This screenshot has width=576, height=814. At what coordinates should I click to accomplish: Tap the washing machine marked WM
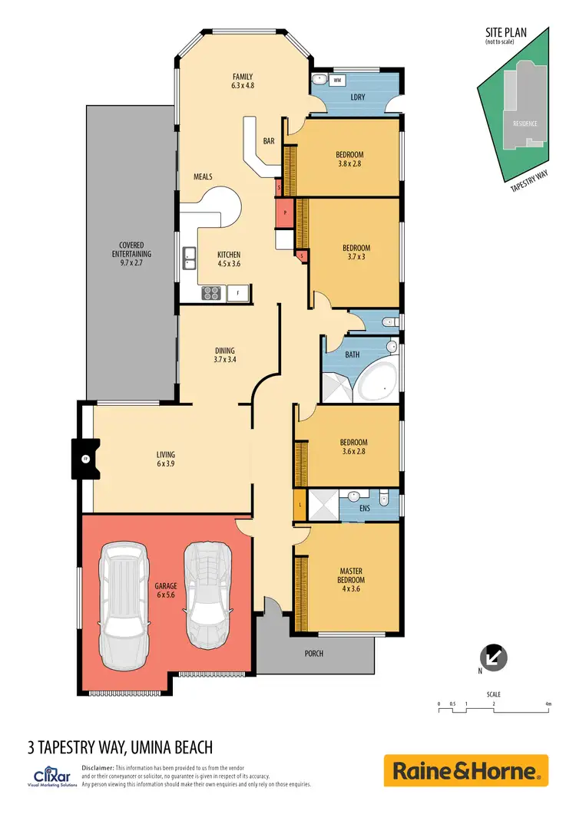[337, 80]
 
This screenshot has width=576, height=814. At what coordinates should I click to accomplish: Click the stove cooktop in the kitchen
[211, 292]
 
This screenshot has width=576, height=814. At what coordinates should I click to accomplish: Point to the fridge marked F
[239, 292]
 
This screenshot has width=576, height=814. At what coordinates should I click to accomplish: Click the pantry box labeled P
[284, 213]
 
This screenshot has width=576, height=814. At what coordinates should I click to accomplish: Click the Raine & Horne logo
[466, 770]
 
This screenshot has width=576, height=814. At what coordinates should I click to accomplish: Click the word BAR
[269, 141]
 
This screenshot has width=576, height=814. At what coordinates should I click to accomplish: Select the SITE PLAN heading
[506, 33]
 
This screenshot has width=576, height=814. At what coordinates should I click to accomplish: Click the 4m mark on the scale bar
[548, 704]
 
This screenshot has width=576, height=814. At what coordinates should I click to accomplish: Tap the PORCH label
[313, 654]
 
